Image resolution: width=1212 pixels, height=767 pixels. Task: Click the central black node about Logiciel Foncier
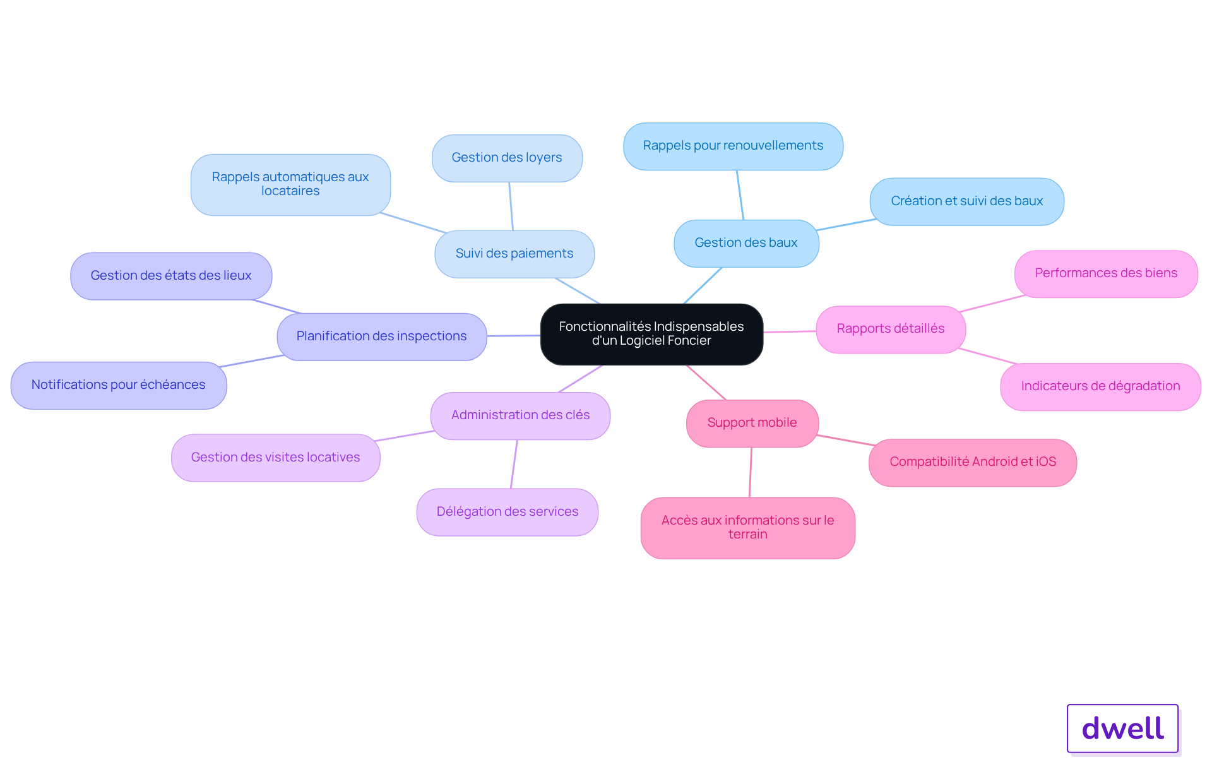point(651,334)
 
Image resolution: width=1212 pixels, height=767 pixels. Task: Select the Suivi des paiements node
point(514,254)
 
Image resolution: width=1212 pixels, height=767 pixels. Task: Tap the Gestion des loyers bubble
point(507,158)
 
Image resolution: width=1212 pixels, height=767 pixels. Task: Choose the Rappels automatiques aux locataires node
point(290,184)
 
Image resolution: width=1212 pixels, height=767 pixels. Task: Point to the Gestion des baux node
point(746,243)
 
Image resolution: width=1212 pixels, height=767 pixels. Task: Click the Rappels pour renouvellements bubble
point(733,146)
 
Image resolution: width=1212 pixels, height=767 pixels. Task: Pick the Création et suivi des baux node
point(966,201)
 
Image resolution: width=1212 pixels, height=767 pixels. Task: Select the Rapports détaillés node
point(891,329)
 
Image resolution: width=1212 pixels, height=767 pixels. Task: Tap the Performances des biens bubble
point(1106,273)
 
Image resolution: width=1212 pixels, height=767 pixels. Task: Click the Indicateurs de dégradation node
point(1100,386)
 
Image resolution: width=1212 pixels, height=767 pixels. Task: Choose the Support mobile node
point(752,423)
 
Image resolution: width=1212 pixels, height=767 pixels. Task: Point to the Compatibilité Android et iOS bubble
point(973,462)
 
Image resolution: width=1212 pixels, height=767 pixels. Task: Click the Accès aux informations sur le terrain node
point(747,528)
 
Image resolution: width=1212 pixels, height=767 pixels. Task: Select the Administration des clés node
point(520,415)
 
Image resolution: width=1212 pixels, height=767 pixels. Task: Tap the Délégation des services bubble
point(507,512)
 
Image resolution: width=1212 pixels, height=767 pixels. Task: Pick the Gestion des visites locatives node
point(275,458)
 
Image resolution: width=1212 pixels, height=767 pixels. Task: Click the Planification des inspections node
point(381,336)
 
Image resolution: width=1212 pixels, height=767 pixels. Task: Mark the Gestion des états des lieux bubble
point(171,276)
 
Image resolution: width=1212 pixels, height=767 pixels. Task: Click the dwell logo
point(1122,728)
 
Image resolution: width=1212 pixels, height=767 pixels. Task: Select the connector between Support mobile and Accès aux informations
point(751,472)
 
